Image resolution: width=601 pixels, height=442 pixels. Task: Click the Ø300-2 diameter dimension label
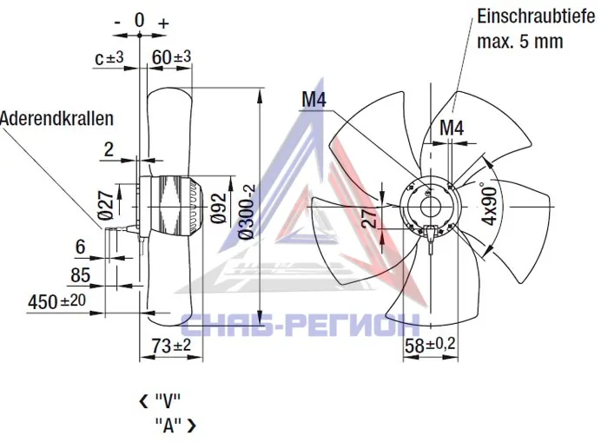coord(248,211)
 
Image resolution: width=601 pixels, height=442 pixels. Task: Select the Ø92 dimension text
coord(219,208)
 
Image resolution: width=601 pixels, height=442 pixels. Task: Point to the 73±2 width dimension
coord(171,346)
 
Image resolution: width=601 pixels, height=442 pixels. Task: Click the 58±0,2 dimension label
coord(430,345)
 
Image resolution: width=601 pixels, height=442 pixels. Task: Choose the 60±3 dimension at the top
coord(171,57)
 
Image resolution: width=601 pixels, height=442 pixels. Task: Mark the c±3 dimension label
coord(109,58)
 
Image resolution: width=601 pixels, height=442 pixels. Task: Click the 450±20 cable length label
coord(56,301)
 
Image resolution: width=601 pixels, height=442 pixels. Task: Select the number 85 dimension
coord(80,275)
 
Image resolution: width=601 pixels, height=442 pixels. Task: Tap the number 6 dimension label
coord(81,247)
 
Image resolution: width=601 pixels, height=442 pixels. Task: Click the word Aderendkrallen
coord(56,118)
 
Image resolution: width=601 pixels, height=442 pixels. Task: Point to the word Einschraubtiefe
coord(536,16)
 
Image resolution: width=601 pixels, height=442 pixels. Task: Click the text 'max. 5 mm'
coord(519,41)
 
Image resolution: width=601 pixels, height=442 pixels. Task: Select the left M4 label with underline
coord(314,100)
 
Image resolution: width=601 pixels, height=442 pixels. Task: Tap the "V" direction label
coord(168,401)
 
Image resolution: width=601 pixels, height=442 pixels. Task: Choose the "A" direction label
coord(168,426)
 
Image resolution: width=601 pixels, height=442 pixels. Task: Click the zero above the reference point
coord(140,20)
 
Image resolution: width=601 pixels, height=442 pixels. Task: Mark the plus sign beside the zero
coord(163,23)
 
